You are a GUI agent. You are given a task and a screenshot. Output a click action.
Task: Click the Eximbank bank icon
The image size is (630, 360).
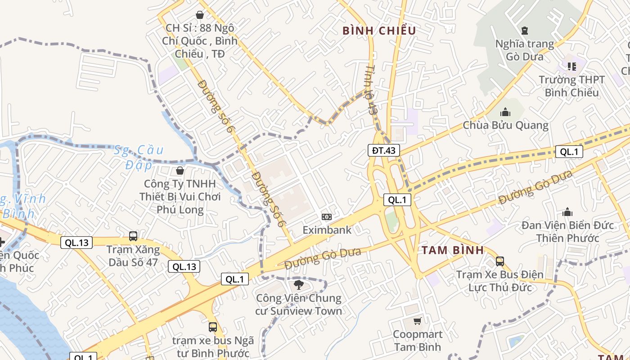click(327, 217)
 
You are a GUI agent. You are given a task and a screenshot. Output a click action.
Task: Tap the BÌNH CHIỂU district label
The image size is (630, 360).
click(379, 31)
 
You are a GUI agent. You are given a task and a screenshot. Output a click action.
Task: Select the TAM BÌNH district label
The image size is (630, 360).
click(453, 250)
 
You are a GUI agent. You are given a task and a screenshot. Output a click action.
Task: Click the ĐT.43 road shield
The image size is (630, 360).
click(384, 150)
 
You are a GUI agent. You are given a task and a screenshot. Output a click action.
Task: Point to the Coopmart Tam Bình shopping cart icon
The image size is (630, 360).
click(418, 321)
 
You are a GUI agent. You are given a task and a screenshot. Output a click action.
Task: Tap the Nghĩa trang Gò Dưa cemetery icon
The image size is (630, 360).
click(524, 31)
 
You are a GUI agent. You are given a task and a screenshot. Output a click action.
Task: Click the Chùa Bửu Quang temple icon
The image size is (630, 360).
click(505, 112)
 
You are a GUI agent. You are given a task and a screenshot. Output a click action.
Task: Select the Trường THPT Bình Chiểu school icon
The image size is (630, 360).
click(572, 67)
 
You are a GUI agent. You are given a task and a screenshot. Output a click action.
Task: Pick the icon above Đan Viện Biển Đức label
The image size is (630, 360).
click(567, 212)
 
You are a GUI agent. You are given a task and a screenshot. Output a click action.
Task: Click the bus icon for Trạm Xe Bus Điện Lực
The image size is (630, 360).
click(499, 261)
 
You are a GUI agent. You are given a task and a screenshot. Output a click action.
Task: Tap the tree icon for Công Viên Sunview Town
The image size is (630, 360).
click(298, 284)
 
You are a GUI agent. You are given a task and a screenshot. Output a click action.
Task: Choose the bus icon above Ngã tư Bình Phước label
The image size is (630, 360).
click(213, 327)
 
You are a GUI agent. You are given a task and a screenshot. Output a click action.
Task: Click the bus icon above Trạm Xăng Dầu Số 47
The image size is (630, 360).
click(133, 236)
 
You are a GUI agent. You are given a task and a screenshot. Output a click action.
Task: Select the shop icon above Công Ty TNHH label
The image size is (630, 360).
click(180, 171)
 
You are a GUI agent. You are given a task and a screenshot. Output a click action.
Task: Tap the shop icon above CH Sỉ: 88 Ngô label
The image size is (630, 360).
click(200, 15)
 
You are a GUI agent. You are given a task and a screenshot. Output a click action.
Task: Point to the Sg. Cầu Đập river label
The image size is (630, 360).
click(139, 157)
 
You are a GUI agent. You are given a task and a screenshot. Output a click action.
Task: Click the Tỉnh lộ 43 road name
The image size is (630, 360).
click(370, 90)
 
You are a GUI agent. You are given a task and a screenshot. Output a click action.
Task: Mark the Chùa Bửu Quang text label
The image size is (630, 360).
click(506, 125)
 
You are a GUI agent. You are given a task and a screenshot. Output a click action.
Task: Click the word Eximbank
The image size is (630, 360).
click(327, 230)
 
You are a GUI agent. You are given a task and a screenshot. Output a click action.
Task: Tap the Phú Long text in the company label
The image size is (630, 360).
click(180, 210)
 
